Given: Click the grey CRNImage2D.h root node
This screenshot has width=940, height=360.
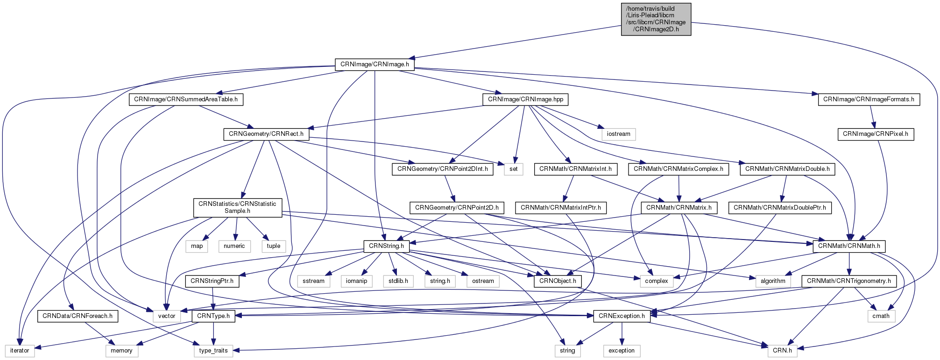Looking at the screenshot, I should pos(656,19).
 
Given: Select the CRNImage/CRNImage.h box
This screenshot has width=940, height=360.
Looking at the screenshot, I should pos(375,64).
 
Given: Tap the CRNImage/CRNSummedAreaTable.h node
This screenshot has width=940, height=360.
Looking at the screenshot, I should pos(185,99).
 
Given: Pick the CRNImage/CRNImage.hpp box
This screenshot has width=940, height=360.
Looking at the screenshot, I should pos(525,99).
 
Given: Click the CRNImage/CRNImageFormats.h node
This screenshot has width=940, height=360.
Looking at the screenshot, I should pos(869,99).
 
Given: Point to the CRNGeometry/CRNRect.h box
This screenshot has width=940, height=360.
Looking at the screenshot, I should pos(266,134).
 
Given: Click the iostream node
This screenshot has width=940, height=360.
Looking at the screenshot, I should pos(619,134).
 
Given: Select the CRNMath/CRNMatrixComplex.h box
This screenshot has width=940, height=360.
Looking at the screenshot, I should pos(678,169).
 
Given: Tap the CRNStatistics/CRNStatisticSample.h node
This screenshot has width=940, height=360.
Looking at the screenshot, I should pos(237,207).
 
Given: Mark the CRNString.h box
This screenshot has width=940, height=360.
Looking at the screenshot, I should pos(387,246).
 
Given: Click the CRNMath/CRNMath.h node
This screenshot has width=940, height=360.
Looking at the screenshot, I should pos(849,246).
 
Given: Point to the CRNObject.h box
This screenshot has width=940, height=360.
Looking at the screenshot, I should pos(558,281).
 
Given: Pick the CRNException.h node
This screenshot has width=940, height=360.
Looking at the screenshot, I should pos(622,316).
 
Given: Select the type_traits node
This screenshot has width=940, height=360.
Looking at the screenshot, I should pos(213,351).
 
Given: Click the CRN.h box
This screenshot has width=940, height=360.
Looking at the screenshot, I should pos(782,351).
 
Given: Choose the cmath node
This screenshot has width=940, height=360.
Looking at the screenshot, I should pos(881,316).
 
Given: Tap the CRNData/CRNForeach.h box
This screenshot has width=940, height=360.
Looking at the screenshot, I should pos(78,316).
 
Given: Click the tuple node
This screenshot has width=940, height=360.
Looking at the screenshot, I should pos(274,246).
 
